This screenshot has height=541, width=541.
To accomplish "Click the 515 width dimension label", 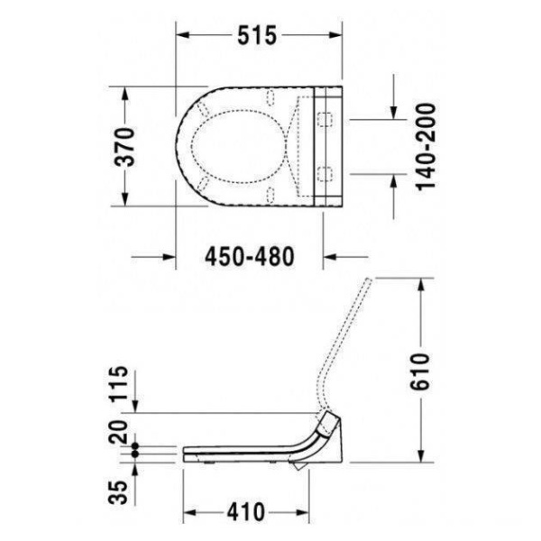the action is point(257,35).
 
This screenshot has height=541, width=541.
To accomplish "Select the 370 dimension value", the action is point(124,147).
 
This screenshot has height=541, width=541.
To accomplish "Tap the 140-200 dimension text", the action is point(426,147).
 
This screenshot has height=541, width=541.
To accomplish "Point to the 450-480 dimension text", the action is point(250,257).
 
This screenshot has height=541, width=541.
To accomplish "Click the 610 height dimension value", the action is point(420,371).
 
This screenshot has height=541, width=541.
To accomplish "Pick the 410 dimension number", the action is point(246,512).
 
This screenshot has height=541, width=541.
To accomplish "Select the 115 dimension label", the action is point(119,384).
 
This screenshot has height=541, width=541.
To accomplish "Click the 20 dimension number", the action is point(118,432).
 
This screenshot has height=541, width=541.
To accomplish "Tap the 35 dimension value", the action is point(118,492).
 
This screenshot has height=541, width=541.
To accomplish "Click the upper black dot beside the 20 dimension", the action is point(135,446).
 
